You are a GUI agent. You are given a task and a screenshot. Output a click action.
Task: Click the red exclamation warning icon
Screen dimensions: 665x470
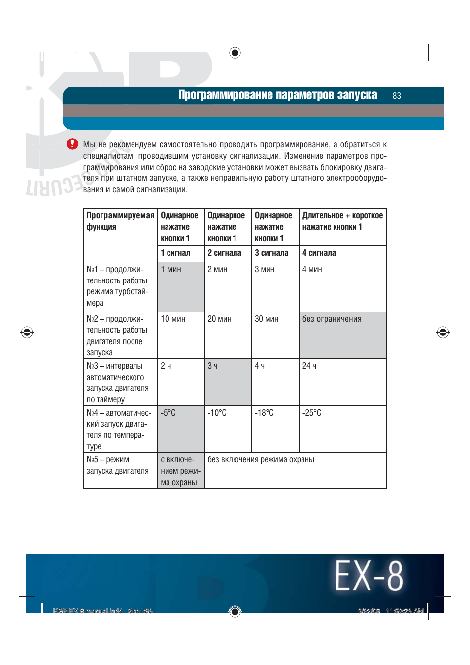coord(72,143)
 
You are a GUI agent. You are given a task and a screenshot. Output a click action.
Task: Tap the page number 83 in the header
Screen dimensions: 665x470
coord(397,96)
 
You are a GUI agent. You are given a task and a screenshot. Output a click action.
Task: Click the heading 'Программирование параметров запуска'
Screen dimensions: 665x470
coord(277,95)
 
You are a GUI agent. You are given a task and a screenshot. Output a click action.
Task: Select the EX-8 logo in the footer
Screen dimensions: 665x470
coord(369,576)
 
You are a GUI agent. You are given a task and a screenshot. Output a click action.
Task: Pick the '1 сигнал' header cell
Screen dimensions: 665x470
coord(175,253)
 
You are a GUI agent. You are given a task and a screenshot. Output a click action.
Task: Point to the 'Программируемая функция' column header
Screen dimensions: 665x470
coord(120,221)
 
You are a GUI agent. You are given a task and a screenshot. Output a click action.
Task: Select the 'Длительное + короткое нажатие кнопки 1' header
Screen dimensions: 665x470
coord(342,221)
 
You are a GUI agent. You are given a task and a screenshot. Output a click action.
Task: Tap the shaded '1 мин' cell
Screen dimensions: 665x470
coord(181,286)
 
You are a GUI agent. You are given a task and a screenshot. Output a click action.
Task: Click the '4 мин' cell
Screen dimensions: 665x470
coord(342,286)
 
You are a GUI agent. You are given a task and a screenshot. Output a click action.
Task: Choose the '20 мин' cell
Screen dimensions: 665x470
coord(228,335)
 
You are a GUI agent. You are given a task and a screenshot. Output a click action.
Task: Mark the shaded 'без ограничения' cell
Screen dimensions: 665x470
coord(342,335)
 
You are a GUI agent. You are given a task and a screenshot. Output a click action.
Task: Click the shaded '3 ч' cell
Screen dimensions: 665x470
coord(228,382)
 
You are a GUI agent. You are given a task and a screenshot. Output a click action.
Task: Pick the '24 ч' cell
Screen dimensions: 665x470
coord(342,382)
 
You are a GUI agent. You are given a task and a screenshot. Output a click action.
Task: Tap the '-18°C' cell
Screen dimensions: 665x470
coord(275,428)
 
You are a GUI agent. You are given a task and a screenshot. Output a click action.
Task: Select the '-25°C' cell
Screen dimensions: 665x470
coord(342,428)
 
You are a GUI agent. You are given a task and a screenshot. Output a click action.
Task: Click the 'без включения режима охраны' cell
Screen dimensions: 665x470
coord(295,470)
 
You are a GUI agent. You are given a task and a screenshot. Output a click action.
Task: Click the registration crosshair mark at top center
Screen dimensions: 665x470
coord(235,53)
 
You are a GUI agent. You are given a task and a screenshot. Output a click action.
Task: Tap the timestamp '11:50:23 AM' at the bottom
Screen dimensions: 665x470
coord(404,611)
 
